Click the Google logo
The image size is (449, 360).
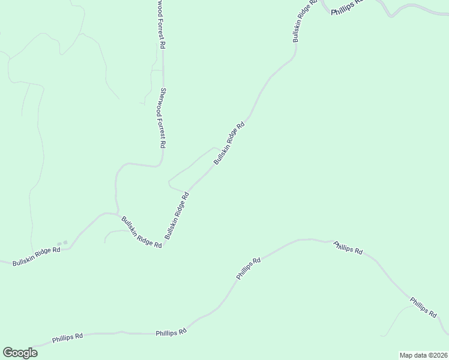[x=20, y=353]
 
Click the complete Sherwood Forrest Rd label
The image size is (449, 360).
[x=161, y=118]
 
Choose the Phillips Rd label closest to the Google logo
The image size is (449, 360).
[x=67, y=338]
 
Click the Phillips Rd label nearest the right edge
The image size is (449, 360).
[x=423, y=307]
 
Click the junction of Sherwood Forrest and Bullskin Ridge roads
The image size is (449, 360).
[x=116, y=213]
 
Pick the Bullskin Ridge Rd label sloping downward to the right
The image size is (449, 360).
[x=142, y=232]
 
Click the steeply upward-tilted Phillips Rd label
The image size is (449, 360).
[x=248, y=269]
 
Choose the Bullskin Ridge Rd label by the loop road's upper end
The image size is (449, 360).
[x=229, y=144]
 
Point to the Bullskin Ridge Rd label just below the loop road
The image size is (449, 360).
[x=177, y=215]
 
